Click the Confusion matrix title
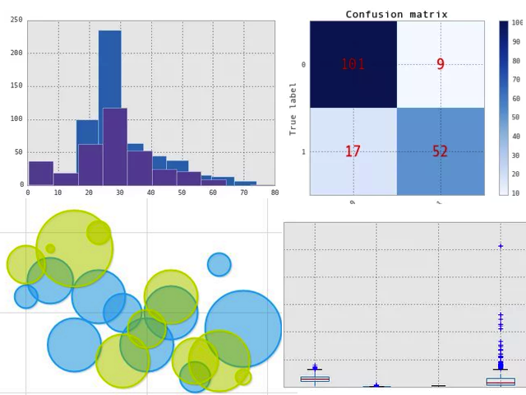click(x=396, y=14)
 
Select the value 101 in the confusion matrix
click(x=353, y=64)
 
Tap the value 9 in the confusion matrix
click(x=441, y=64)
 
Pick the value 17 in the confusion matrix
click(x=353, y=151)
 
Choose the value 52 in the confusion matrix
click(x=441, y=151)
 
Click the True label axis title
click(x=293, y=108)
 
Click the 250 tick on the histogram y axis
click(x=16, y=20)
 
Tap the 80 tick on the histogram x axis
click(x=275, y=193)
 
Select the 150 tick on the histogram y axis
click(x=16, y=86)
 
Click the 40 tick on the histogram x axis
click(x=151, y=193)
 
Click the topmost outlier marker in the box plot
click(x=501, y=246)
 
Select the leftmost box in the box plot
click(x=315, y=379)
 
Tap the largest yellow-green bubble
click(x=75, y=248)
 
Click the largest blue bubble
click(x=243, y=328)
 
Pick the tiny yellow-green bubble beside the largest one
click(x=50, y=249)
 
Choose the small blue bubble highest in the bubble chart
click(x=219, y=264)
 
